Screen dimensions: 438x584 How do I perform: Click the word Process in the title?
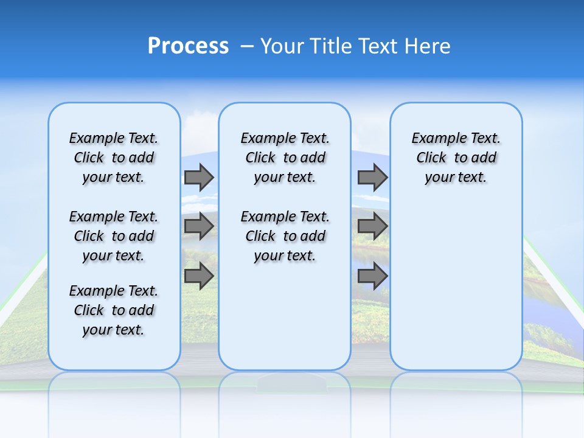click(188, 46)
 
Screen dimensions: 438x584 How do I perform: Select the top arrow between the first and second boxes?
click(199, 177)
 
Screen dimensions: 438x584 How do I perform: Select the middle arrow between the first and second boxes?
click(199, 226)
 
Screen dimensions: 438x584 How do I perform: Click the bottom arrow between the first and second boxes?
click(199, 276)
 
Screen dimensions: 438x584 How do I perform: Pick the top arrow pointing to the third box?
click(372, 177)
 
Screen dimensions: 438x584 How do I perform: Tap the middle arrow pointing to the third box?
click(372, 226)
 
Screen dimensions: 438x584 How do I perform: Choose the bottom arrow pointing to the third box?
click(372, 276)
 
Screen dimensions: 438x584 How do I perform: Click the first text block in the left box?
click(114, 158)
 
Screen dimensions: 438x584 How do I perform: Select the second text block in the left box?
click(114, 236)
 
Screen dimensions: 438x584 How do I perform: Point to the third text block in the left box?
click(114, 310)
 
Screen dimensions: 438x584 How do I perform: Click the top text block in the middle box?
click(285, 158)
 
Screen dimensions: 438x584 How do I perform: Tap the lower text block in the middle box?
click(285, 236)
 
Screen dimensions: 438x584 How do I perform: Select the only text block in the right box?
click(456, 158)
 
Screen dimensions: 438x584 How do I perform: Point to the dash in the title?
click(247, 46)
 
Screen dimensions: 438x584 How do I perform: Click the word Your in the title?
click(282, 46)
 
